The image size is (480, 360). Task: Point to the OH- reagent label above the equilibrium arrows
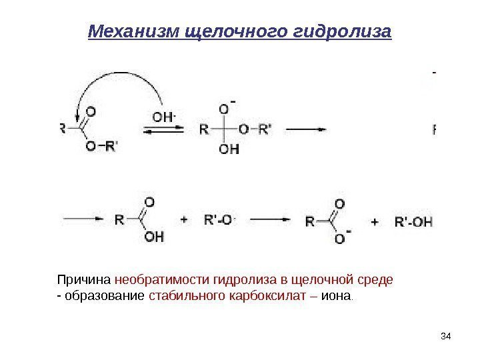pos(164,117)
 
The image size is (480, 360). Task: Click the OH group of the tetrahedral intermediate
pos(229,149)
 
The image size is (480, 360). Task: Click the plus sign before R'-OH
pos(375,221)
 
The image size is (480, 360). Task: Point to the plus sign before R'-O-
pos(185,219)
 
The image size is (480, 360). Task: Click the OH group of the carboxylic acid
pos(153,237)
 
